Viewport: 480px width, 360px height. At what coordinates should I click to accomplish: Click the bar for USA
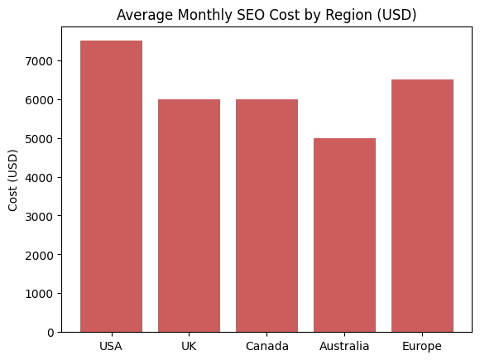pyautogui.click(x=111, y=186)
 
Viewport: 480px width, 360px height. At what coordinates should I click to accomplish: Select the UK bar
pyautogui.click(x=189, y=215)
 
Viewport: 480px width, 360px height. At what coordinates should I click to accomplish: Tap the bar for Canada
pyautogui.click(x=266, y=215)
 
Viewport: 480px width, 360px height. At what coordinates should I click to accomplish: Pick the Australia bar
pyautogui.click(x=344, y=235)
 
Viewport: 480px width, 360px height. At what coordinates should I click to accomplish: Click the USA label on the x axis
pyautogui.click(x=111, y=346)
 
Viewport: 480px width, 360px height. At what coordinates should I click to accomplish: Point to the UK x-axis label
pyautogui.click(x=189, y=346)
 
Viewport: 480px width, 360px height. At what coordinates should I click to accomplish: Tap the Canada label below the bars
pyautogui.click(x=266, y=346)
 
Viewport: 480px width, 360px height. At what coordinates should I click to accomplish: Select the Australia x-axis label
pyautogui.click(x=344, y=346)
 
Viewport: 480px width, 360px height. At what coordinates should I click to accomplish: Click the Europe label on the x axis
pyautogui.click(x=422, y=346)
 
